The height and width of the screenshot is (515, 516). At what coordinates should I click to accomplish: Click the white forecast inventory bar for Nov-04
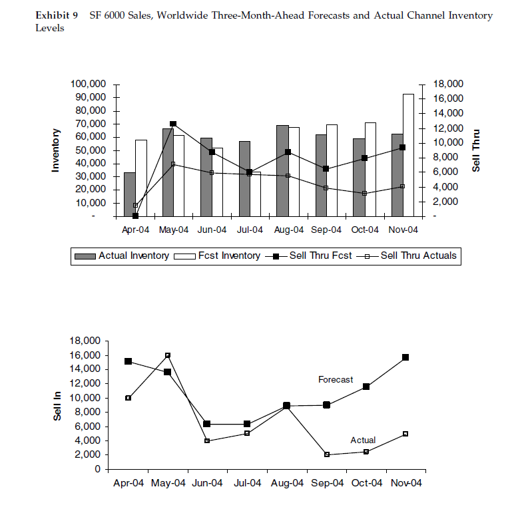408,155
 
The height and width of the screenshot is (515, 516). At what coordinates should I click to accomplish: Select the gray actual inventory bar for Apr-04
129,194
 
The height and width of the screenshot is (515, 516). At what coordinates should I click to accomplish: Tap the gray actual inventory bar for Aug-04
282,170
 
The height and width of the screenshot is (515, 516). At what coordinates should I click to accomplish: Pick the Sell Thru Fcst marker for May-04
173,124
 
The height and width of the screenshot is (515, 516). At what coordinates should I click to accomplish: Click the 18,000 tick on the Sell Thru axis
447,84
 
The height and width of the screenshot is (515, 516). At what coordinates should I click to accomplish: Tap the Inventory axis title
56,150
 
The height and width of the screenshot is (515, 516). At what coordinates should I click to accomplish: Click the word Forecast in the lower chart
336,379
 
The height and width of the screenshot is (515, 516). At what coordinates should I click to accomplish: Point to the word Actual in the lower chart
363,440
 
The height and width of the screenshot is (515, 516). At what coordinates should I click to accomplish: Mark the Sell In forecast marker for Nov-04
405,357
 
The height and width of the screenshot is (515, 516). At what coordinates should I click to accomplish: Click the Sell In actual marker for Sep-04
327,454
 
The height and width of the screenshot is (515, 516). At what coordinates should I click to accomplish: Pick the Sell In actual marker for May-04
168,355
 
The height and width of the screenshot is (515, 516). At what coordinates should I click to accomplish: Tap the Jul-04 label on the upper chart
250,230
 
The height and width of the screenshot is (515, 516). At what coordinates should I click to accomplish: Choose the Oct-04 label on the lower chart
366,483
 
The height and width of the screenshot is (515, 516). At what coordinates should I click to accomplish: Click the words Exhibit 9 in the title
57,15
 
